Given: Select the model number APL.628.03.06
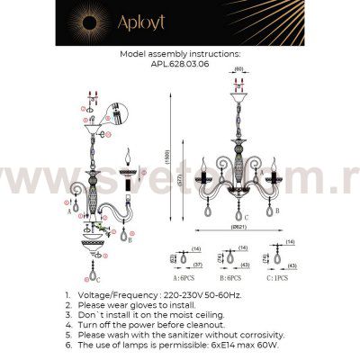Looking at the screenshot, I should [x=180, y=64].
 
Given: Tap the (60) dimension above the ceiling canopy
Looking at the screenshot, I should [x=239, y=69].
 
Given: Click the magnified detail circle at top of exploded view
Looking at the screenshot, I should [x=116, y=113].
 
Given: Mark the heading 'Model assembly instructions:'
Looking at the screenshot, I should [x=180, y=54].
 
